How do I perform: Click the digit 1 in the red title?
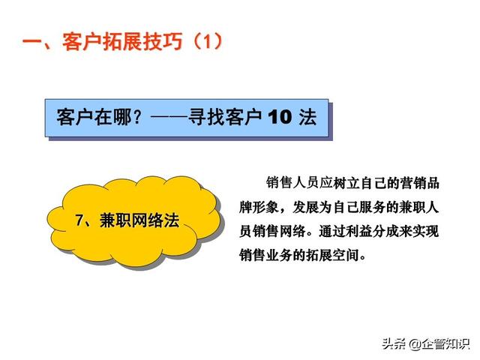(208, 42)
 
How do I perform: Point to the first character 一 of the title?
(33, 42)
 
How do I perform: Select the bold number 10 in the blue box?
(280, 117)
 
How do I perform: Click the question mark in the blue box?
(138, 117)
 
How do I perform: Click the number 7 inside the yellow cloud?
(79, 220)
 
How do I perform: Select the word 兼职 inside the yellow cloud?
(115, 220)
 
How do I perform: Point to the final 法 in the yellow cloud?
(171, 220)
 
